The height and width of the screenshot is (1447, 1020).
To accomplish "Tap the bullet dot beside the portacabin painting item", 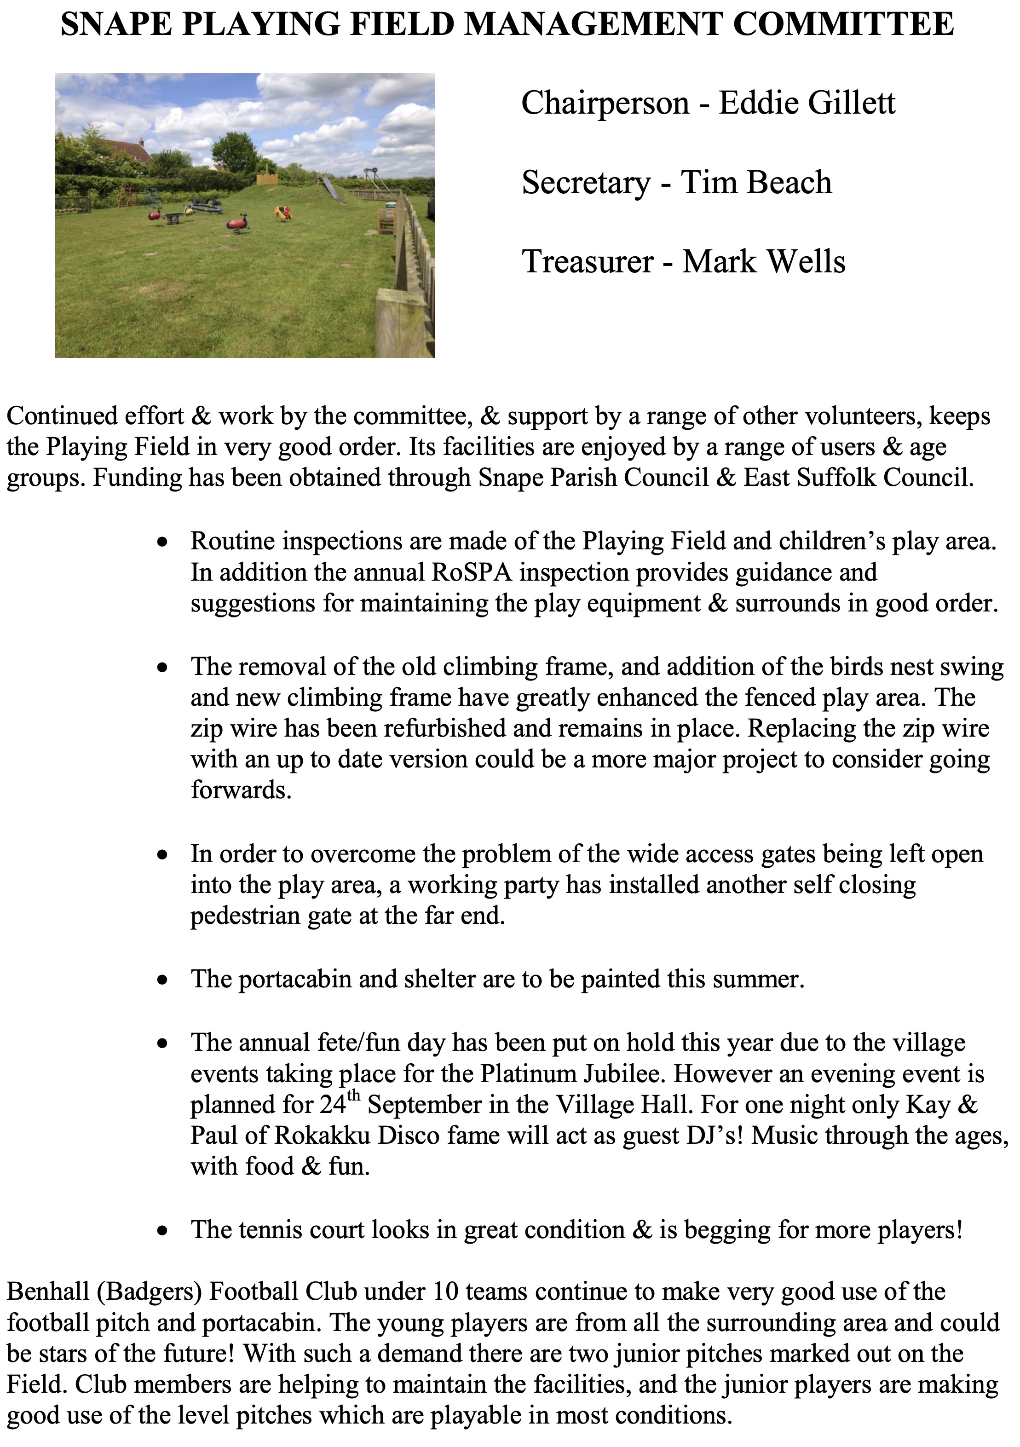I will point(163,980).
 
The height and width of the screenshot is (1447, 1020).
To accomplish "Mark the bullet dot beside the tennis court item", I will point(163,1230).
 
